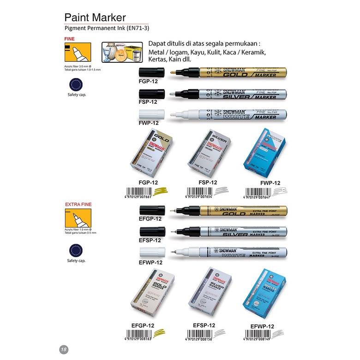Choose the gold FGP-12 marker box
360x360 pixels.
(161, 156)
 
